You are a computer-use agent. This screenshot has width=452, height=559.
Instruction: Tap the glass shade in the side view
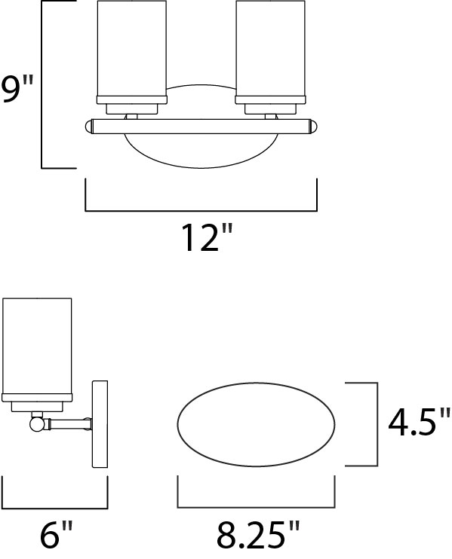[x=38, y=347]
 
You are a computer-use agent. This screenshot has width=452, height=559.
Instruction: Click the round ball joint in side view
[x=36, y=425]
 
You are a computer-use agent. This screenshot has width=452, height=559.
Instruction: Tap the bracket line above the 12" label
[x=201, y=209]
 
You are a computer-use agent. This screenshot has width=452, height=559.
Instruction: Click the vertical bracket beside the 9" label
[x=43, y=84]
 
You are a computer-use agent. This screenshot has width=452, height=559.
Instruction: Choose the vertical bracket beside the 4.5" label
[x=375, y=423]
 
